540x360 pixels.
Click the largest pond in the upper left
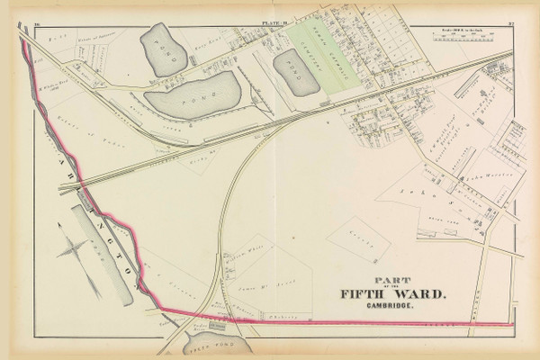point(191,94)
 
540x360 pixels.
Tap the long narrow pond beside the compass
point(102,256)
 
